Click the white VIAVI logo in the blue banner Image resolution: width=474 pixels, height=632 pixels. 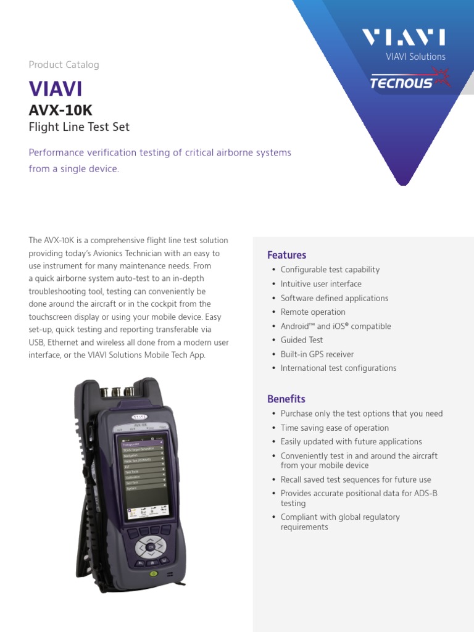(x=404, y=38)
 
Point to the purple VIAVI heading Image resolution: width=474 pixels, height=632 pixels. (x=56, y=89)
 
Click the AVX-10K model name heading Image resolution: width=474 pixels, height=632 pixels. (x=60, y=110)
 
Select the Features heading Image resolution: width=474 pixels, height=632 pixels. (x=286, y=255)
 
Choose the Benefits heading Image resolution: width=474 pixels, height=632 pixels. (x=286, y=399)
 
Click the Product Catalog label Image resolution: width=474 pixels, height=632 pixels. (x=64, y=65)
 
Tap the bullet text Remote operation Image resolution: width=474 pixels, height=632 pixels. (x=313, y=312)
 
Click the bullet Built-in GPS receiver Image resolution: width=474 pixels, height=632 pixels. (x=317, y=354)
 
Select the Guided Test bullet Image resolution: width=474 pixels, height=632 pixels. (x=302, y=340)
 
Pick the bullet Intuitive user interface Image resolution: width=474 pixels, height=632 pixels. (x=321, y=284)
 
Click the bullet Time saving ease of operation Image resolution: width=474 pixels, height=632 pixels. (x=335, y=428)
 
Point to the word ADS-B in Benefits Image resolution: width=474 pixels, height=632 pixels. (x=425, y=494)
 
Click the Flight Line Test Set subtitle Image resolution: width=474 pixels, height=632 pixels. (x=79, y=128)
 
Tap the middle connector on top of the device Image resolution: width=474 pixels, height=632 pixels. (x=116, y=391)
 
